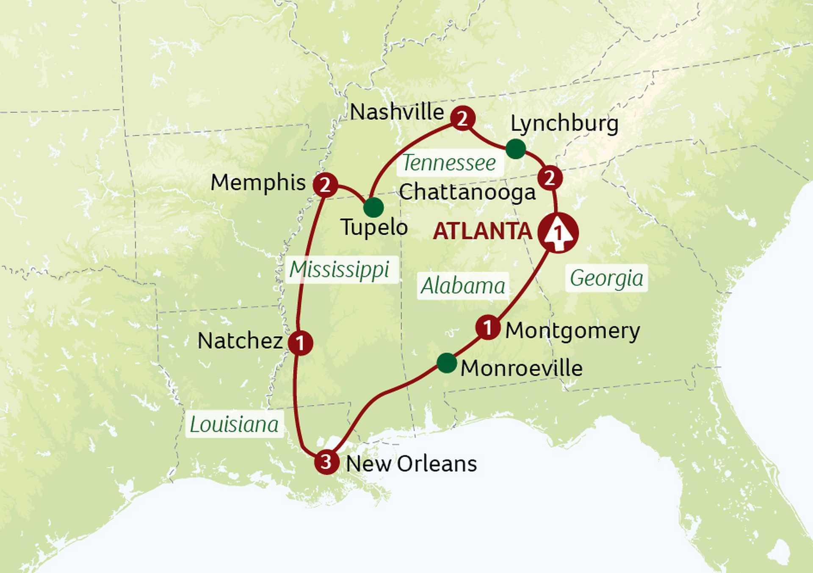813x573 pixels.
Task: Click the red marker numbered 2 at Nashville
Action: pyautogui.click(x=462, y=118)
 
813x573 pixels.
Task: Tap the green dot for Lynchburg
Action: pyautogui.click(x=516, y=149)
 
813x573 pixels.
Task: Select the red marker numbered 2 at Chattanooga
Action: pyautogui.click(x=550, y=177)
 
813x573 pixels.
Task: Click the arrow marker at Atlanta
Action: pyautogui.click(x=558, y=233)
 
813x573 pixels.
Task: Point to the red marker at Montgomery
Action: pyautogui.click(x=488, y=327)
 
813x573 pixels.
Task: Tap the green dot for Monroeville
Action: pyautogui.click(x=447, y=363)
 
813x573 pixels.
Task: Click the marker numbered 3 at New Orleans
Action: pyautogui.click(x=326, y=461)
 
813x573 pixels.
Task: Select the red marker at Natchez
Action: pyautogui.click(x=300, y=343)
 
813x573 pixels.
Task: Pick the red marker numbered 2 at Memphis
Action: pyautogui.click(x=325, y=185)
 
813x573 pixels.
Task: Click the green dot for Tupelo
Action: pyautogui.click(x=373, y=208)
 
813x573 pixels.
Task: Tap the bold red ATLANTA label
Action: pyautogui.click(x=482, y=231)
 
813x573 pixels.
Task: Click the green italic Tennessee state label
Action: pyautogui.click(x=449, y=163)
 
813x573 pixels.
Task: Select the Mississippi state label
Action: pyautogui.click(x=340, y=269)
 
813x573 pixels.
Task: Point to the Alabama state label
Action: pyautogui.click(x=463, y=285)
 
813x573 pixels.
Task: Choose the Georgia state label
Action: pyautogui.click(x=606, y=278)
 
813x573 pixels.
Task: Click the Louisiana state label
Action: pyautogui.click(x=234, y=424)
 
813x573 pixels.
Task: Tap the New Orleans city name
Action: pyautogui.click(x=411, y=463)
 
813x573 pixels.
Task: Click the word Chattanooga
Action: pyautogui.click(x=467, y=192)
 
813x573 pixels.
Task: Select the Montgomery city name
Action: pyautogui.click(x=572, y=330)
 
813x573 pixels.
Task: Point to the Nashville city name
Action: pyautogui.click(x=397, y=112)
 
